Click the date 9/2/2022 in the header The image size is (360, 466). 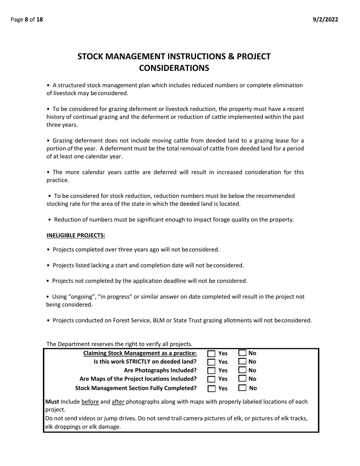(x=326, y=20)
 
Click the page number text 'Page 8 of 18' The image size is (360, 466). (x=27, y=20)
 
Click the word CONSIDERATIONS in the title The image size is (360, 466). (x=174, y=68)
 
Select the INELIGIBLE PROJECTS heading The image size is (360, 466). (x=76, y=236)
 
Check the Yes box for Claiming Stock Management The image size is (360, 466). (x=212, y=353)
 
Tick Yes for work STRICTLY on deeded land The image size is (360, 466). (x=212, y=362)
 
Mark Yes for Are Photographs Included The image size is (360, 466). (x=212, y=371)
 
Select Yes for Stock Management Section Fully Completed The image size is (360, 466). (x=212, y=388)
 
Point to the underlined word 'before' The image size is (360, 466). (x=90, y=402)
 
